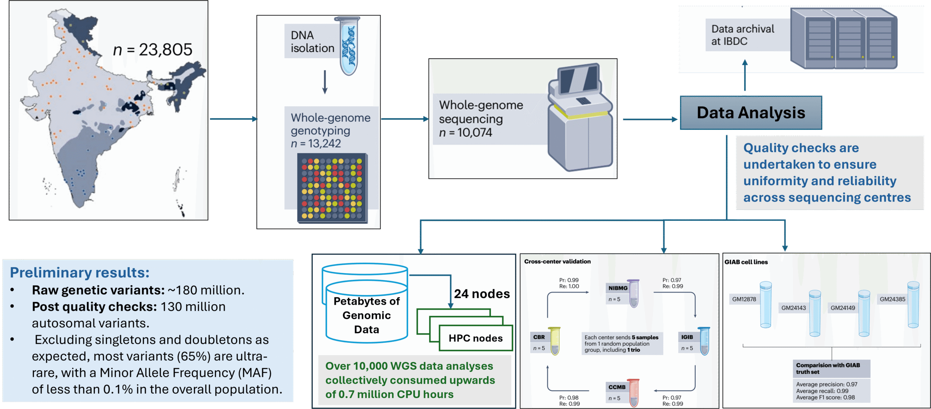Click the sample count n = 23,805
[153, 49]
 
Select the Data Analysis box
[751, 113]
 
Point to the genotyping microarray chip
[332, 188]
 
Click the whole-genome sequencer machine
[580, 118]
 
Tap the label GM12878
[744, 299]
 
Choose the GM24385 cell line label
[892, 299]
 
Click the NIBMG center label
[618, 288]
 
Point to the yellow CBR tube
[555, 341]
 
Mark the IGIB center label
[687, 337]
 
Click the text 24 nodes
[482, 294]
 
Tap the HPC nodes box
[476, 338]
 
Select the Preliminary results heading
[80, 273]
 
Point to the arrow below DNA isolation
[325, 82]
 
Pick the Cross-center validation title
[557, 261]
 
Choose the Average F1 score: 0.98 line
[825, 397]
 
